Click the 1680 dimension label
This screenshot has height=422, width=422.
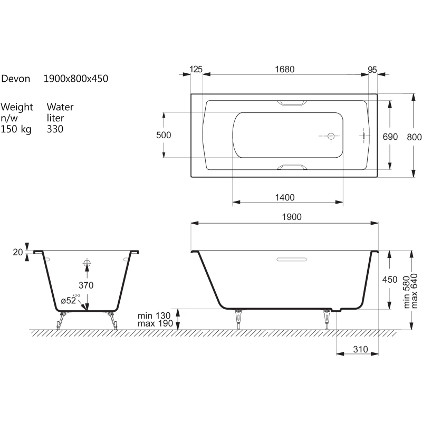tap(284, 70)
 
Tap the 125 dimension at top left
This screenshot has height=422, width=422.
tap(196, 70)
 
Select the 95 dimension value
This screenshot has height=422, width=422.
tap(372, 70)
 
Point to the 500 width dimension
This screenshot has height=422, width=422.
tap(164, 135)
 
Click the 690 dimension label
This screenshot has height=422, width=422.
tap(390, 137)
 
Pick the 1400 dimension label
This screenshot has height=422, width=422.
tap(285, 197)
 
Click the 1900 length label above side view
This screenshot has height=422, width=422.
tap(292, 217)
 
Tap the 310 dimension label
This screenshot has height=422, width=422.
tap(360, 349)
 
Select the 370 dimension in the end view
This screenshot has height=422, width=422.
tap(86, 285)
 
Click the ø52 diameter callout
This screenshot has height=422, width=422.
tap(69, 300)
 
